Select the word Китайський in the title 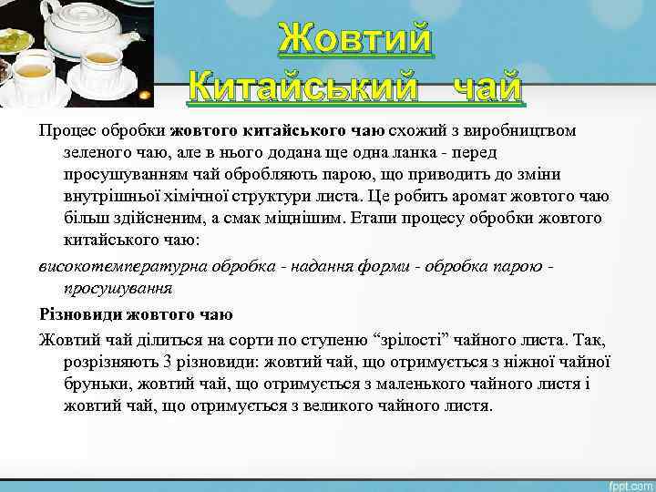301,88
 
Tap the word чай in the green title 486,88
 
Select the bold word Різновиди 77,314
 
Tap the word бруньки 95,384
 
